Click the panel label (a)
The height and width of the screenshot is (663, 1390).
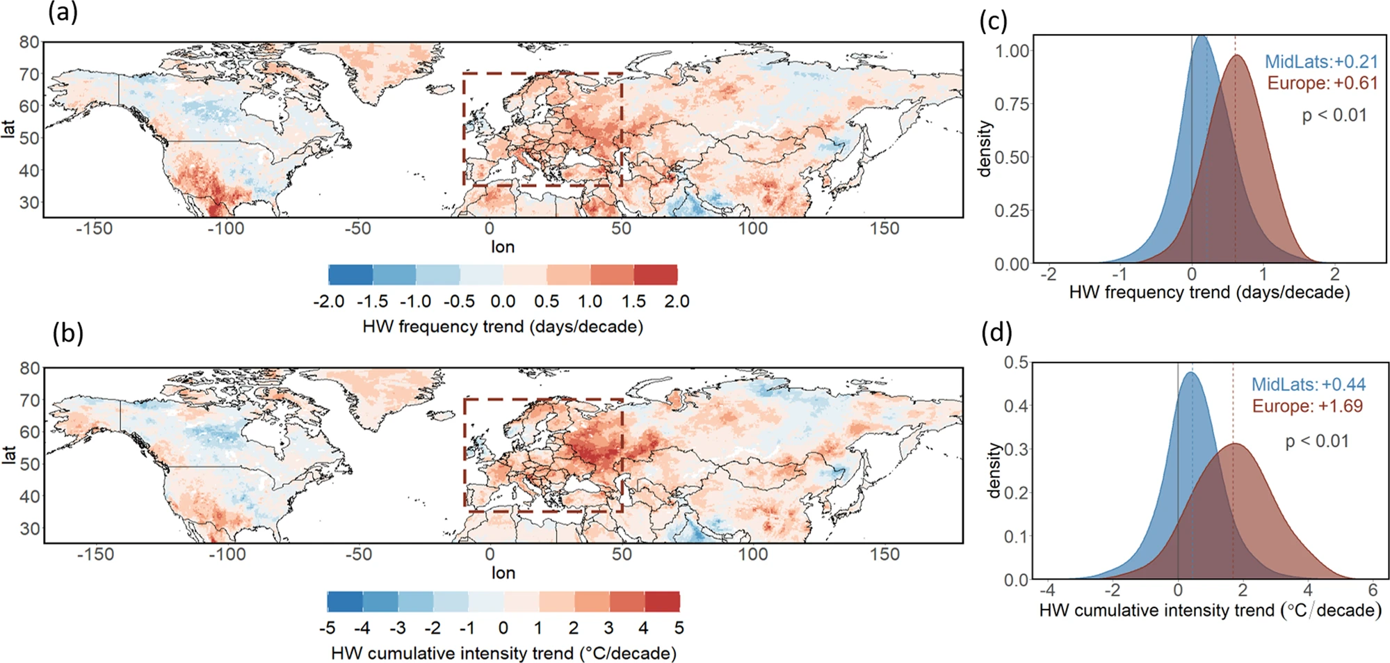point(63,13)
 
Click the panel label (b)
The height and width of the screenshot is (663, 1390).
point(68,333)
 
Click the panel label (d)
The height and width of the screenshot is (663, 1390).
point(996,333)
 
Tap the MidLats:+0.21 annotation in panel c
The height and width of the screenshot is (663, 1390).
point(1320,62)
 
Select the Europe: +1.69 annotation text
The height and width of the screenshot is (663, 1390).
point(1307,406)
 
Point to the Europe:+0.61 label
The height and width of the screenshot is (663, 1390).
point(1322,83)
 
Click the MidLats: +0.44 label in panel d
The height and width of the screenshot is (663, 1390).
point(1308,385)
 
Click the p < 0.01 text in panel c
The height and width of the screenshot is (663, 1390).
point(1334,115)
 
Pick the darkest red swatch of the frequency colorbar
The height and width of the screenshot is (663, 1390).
point(655,275)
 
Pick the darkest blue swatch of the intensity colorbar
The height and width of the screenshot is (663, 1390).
point(345,601)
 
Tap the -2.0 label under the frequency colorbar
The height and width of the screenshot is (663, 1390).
point(329,302)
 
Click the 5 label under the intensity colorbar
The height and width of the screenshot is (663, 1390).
point(679,628)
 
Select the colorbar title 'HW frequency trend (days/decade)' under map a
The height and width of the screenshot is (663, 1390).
point(502,327)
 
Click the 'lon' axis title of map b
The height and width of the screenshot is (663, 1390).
point(503,573)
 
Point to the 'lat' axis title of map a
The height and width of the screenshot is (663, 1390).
point(8,129)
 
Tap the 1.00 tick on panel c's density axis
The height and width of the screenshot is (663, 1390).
point(1012,51)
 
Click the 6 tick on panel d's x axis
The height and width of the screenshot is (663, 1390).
point(1372,590)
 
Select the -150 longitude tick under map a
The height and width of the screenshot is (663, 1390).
point(94,229)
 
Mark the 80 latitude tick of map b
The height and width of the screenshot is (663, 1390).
point(29,368)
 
